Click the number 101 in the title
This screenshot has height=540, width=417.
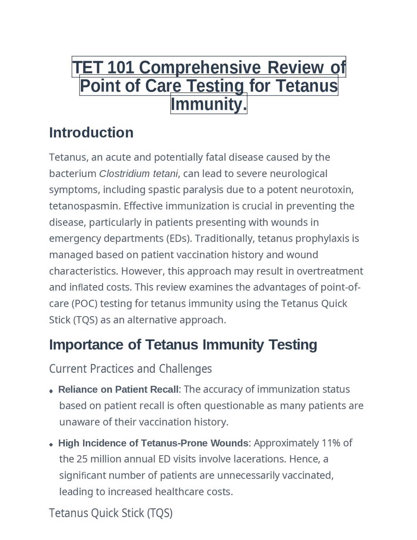[x=120, y=67]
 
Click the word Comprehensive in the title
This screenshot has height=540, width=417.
[x=200, y=67]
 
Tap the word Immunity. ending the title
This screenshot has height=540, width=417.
[x=209, y=104]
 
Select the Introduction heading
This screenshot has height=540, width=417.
[x=91, y=133]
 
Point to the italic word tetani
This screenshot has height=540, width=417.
[x=165, y=174]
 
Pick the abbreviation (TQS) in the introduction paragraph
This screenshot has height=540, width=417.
[x=85, y=320]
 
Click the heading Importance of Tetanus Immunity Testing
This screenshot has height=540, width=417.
[x=183, y=345]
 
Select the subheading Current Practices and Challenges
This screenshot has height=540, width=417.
[x=130, y=369]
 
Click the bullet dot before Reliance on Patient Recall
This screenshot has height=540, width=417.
[x=51, y=391]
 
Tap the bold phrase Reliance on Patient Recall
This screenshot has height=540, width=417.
[x=118, y=389]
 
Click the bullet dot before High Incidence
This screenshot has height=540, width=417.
[x=51, y=444]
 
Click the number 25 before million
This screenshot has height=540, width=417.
[x=82, y=459]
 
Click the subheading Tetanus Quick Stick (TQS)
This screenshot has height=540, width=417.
[x=111, y=513]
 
